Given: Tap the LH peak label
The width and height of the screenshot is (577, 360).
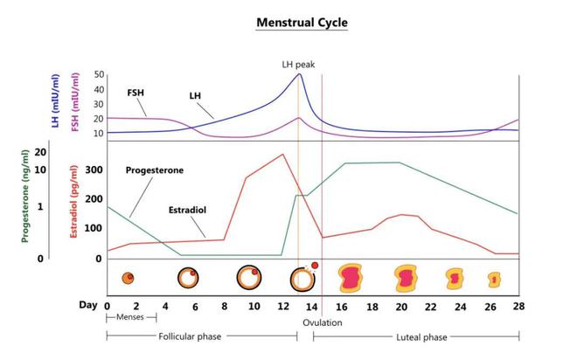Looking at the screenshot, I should tap(299, 63).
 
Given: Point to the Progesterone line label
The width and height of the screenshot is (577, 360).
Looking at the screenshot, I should tap(155, 170).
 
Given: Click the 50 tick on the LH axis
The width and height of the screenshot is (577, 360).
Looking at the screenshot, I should tap(99, 75).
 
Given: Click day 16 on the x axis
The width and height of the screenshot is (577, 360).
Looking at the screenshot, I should tap(343, 306).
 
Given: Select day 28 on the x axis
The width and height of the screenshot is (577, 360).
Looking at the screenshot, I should tap(519, 306).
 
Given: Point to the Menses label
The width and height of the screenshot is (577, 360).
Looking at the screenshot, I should tap(129, 318).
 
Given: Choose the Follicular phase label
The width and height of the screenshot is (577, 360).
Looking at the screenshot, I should tap(188, 336).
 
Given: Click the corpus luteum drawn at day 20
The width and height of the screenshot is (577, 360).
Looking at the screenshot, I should tap(406, 279).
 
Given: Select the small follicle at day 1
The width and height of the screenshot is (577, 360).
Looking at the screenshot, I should tap(128, 279).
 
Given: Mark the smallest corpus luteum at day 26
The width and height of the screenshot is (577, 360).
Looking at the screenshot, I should tap(494, 279).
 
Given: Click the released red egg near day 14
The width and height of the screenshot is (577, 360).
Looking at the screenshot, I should tap(315, 266).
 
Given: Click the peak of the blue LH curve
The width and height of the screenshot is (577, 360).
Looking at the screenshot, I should tap(299, 74).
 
